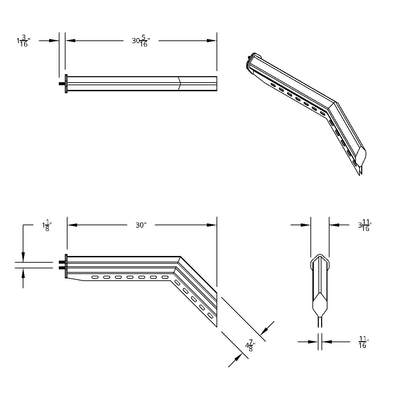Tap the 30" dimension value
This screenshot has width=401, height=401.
tap(141, 225)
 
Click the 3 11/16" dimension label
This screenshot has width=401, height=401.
tap(365, 226)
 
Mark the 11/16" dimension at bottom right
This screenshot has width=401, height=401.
tap(363, 342)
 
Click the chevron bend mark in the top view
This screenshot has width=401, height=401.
tap(179, 84)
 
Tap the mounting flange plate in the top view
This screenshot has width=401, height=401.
tap(66, 84)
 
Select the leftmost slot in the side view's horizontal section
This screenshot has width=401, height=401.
tap(95, 277)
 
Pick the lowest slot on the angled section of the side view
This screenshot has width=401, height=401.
tap(210, 315)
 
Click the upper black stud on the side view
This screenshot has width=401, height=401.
tap(61, 262)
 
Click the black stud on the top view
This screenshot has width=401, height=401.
tap(61, 84)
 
